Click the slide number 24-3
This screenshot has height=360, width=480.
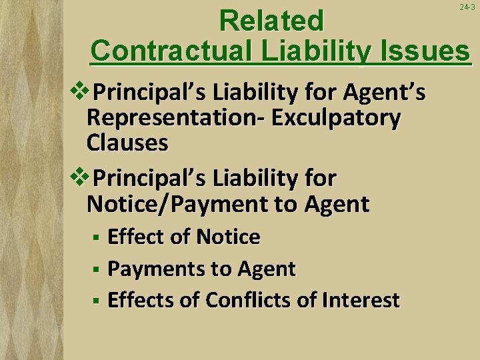pos(467,7)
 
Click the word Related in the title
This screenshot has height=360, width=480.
pos(271,21)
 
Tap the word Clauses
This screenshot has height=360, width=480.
pos(127,143)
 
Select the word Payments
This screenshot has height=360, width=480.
pos(148,269)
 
